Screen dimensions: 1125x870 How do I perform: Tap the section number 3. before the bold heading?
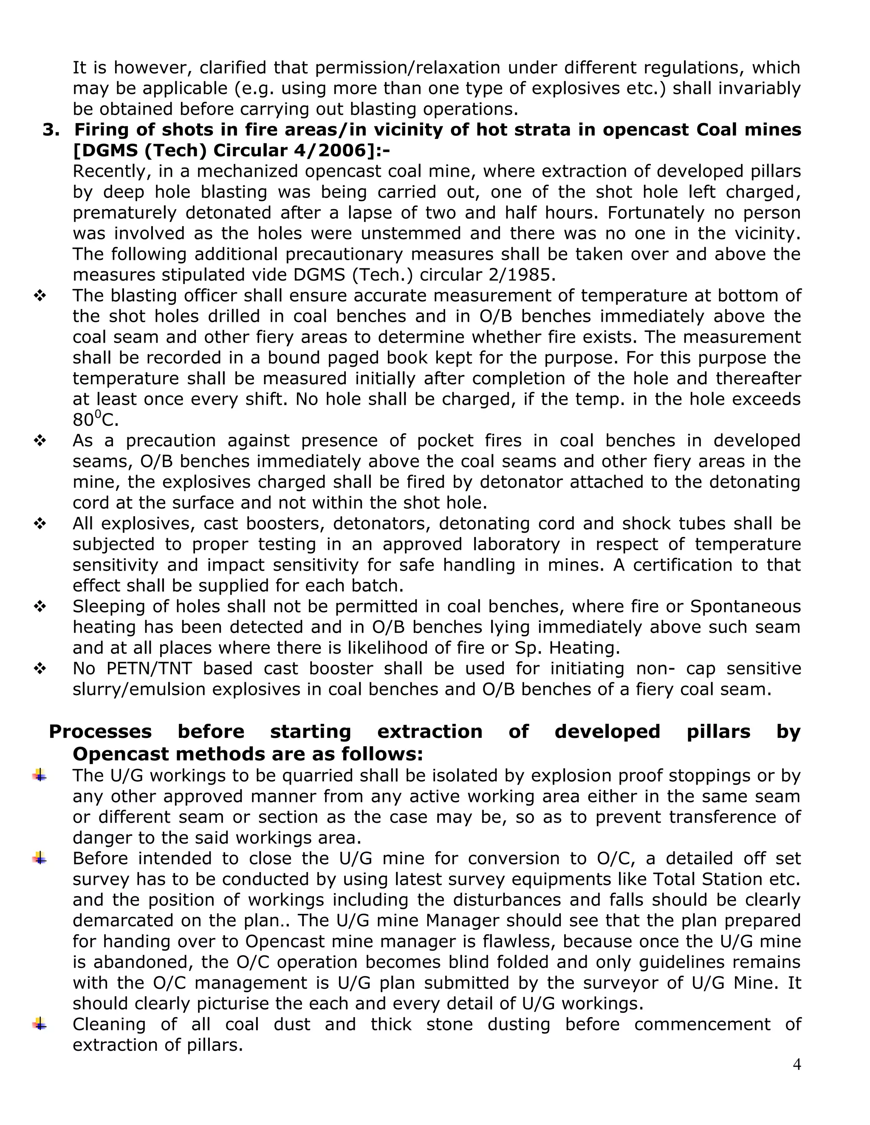pyautogui.click(x=51, y=130)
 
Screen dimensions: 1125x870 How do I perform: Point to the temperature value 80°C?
pyautogui.click(x=95, y=419)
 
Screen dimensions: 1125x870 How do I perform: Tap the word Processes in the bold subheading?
pyautogui.click(x=101, y=731)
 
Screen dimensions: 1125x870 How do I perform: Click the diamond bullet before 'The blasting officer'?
pyautogui.click(x=40, y=295)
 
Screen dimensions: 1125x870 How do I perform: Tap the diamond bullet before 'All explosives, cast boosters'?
pyautogui.click(x=40, y=523)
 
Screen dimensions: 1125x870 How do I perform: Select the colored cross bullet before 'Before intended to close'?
pyautogui.click(x=39, y=858)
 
